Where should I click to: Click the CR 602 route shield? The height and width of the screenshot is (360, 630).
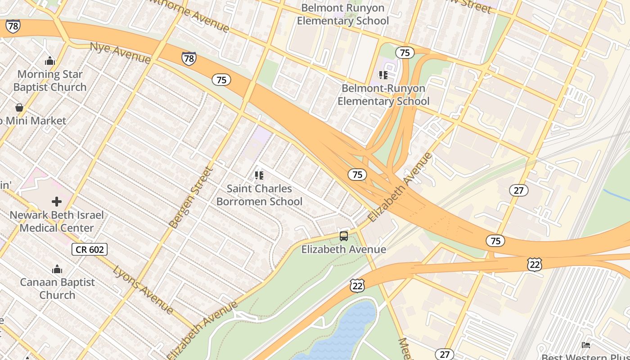pos(90,249)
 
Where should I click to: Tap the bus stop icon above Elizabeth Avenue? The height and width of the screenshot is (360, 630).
pos(344,236)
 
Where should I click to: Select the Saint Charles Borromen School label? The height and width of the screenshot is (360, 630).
pos(259,195)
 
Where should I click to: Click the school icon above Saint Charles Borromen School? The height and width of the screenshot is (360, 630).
pos(259,175)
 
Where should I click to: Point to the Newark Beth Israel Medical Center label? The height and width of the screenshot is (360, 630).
pos(57,221)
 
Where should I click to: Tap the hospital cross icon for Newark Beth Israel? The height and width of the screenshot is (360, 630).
pos(57,202)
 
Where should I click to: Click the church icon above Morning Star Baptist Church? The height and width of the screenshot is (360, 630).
pos(49,61)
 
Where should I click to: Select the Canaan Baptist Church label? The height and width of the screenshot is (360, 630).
pos(57,288)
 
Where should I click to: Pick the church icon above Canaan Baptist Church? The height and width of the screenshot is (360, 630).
pos(57,269)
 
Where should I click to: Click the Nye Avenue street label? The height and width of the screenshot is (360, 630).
pos(120,53)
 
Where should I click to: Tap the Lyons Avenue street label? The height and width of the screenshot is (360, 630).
pos(143,289)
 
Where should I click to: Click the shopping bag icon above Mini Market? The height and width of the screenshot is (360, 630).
pos(19,108)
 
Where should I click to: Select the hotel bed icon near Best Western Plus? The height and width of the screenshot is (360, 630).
pos(586,345)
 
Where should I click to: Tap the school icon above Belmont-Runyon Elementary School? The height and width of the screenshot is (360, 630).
pos(383,75)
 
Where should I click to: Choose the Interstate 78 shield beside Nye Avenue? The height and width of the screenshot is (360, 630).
pos(189,58)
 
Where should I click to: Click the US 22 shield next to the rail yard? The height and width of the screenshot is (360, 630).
pos(534,265)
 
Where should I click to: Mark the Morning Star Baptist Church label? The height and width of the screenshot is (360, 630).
pos(49,81)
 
